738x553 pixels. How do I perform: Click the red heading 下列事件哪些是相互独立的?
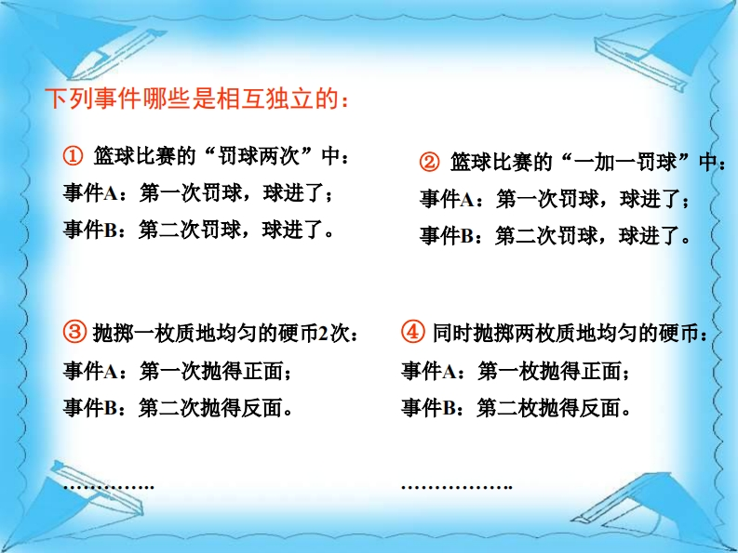coord(197,99)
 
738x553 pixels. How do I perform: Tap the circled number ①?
coord(73,156)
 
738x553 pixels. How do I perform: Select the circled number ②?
coord(429,163)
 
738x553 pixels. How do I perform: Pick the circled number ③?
coord(74,333)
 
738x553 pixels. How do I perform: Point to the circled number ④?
coord(413,333)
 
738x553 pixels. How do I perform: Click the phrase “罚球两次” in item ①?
coord(260,156)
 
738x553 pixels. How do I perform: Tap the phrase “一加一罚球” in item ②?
coord(627,163)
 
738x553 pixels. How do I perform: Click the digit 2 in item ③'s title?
coord(323,334)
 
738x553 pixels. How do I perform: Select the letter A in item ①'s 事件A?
coord(110,193)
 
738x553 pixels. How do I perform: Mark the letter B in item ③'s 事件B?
coord(110,408)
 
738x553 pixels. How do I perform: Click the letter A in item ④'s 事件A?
coord(449,372)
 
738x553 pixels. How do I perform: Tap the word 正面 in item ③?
coord(263,372)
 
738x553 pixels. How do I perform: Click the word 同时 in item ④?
coord(453,333)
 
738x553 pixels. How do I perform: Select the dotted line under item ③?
coord(109,487)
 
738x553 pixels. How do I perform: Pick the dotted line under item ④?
coord(457,487)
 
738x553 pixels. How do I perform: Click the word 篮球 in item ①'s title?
coord(114,156)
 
